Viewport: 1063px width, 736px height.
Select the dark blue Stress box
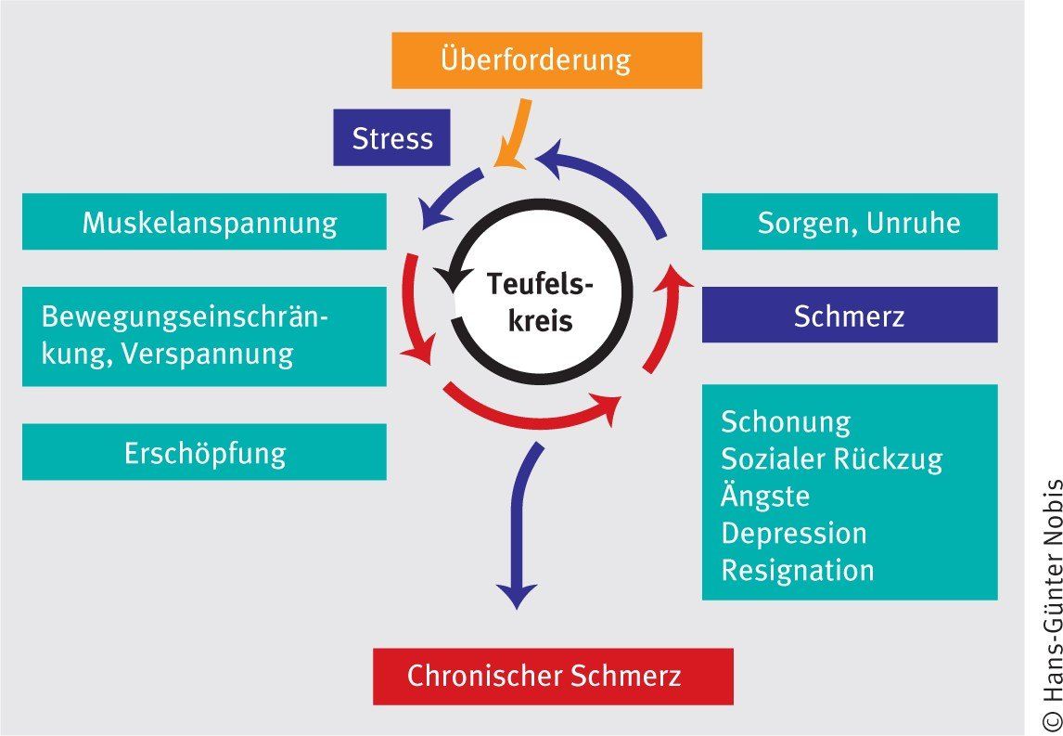pos(391,138)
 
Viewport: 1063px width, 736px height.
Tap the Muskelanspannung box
pos(204,222)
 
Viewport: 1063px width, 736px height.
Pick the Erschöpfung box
pos(204,453)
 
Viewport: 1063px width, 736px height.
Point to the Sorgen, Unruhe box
pos(850,222)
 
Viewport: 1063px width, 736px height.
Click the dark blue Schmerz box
pos(850,316)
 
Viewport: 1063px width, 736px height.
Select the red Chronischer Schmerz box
pos(553,676)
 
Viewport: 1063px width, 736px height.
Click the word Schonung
pos(786,422)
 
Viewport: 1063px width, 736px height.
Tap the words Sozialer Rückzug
pos(831,458)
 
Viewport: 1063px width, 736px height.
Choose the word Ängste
pos(765,496)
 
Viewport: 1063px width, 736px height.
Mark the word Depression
pos(794,534)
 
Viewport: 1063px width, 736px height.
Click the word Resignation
pos(798,570)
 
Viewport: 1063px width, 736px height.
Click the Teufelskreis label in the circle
pos(541,303)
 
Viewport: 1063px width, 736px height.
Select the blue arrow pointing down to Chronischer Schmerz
pos(519,529)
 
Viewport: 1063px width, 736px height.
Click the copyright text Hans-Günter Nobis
pos(1052,604)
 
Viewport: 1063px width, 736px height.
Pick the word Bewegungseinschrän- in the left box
pos(186,317)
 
